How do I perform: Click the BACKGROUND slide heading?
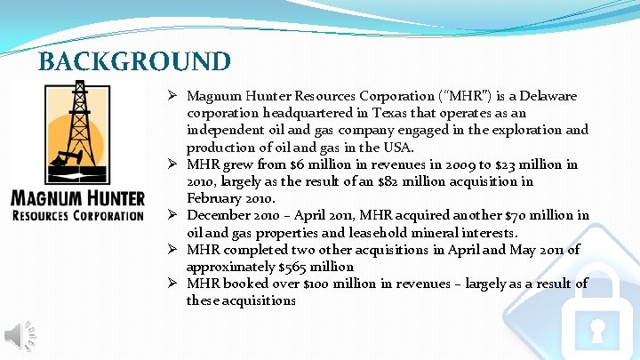click(134, 61)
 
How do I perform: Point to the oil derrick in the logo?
click(78, 124)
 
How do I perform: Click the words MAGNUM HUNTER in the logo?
click(76, 196)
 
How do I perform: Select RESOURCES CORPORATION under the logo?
click(76, 215)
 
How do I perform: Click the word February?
click(214, 198)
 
